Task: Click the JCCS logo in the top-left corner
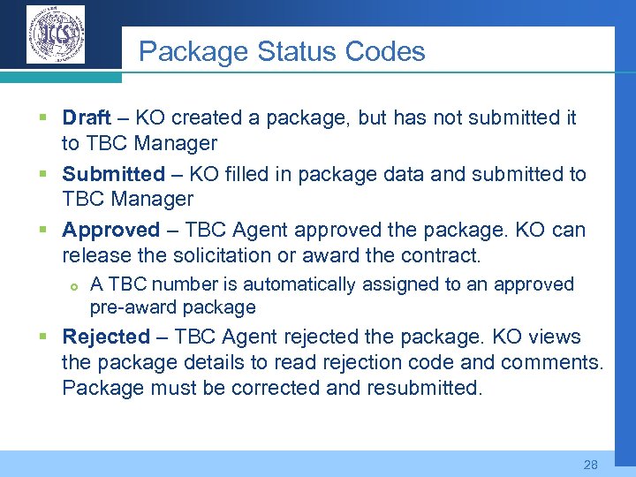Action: [x=56, y=34]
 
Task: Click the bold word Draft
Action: [x=87, y=118]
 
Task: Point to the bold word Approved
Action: [x=111, y=231]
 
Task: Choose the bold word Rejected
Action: [x=106, y=337]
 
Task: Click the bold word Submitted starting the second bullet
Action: [x=113, y=174]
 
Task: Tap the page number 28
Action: [x=591, y=465]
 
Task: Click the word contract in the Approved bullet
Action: [x=447, y=256]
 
